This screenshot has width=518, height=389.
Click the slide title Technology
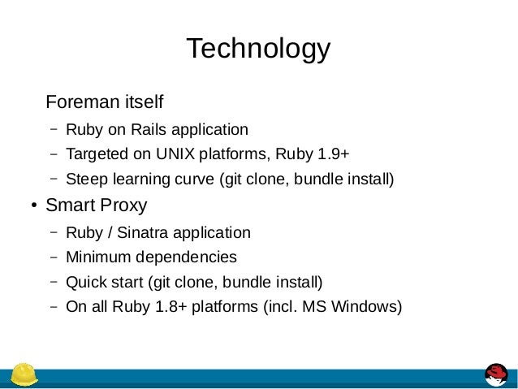258,49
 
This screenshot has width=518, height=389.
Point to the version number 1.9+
335,154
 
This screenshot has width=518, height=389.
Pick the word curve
192,179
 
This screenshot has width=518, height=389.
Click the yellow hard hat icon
24,374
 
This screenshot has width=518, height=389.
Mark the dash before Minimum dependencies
52,257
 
